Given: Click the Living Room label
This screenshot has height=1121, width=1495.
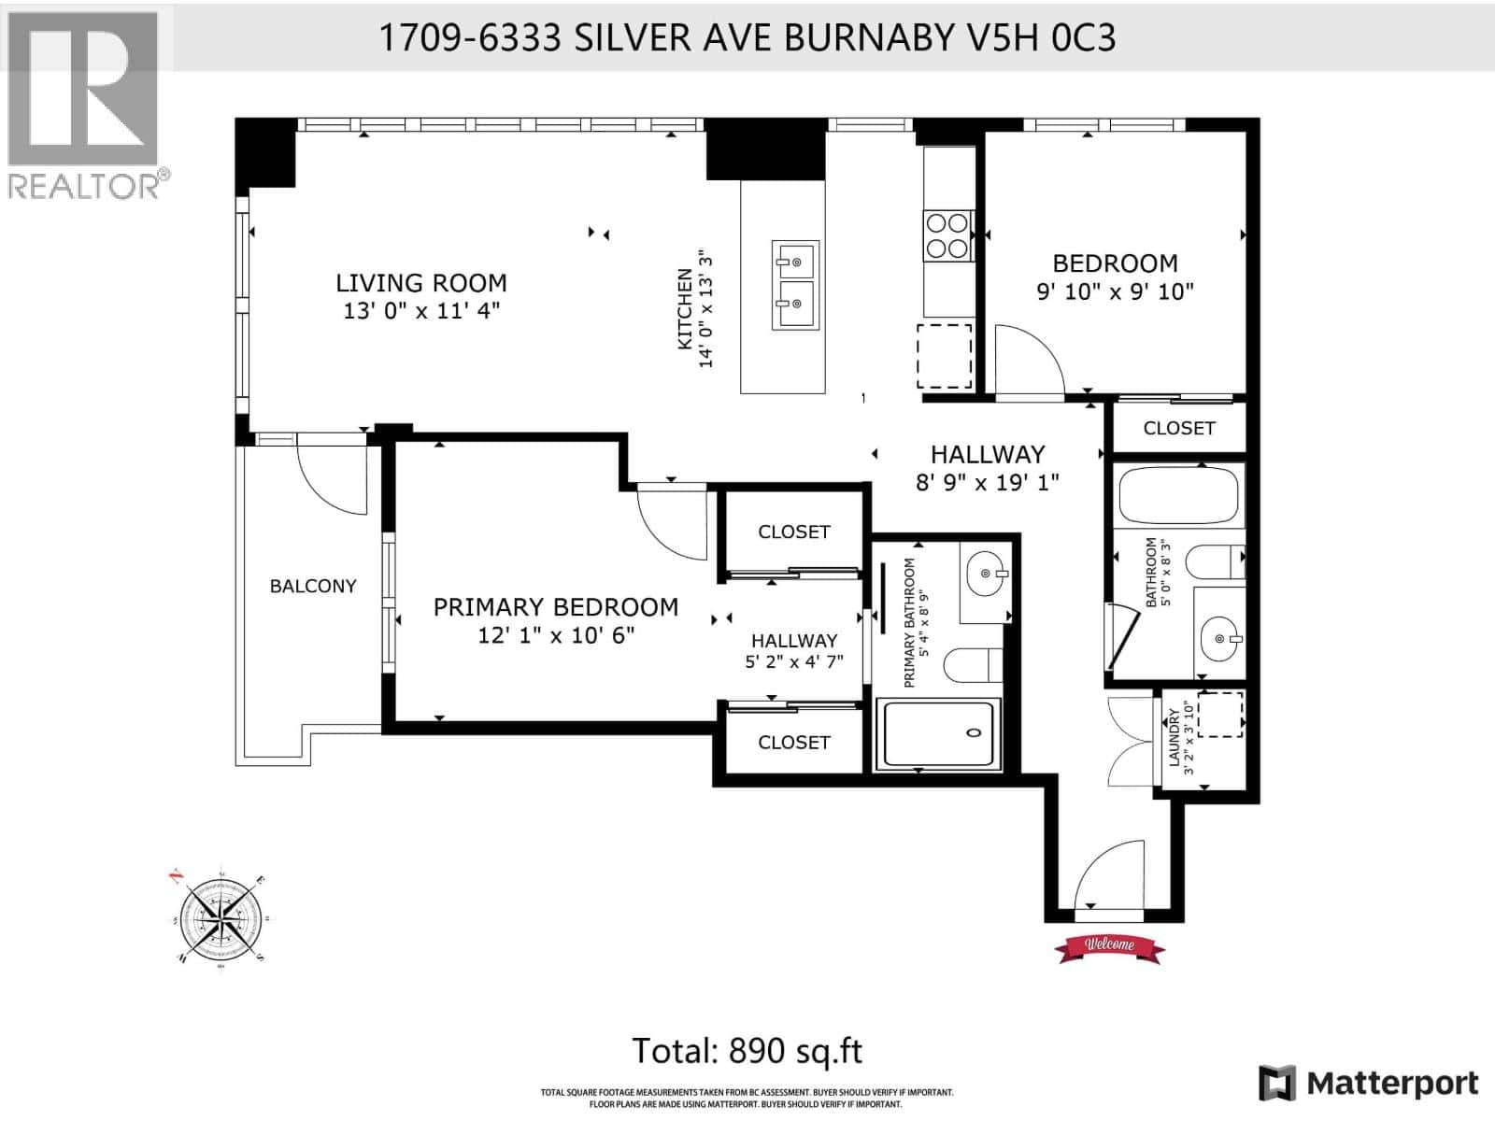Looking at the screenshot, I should point(420,282).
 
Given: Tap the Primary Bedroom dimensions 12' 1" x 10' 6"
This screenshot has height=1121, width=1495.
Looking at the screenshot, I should point(556,635).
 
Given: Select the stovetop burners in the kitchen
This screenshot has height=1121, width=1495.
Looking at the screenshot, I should point(947,235).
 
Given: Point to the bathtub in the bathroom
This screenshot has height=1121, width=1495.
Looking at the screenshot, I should point(1178,498).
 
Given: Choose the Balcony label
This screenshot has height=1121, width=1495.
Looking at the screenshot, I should point(313,586).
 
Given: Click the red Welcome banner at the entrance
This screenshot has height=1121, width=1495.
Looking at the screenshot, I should point(1109,945).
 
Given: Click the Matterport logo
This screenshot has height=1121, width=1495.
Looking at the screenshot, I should point(1369,1083).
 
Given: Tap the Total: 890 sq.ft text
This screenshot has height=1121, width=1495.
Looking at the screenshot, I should point(747,1051).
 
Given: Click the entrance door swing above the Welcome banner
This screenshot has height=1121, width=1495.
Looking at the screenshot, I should point(1107,875).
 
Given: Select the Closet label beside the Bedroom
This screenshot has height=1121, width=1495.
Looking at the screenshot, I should point(1178,428).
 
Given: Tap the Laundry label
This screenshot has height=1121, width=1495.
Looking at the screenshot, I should point(1175,737).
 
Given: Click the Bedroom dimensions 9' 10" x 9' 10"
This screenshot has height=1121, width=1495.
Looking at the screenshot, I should point(1115,291).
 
